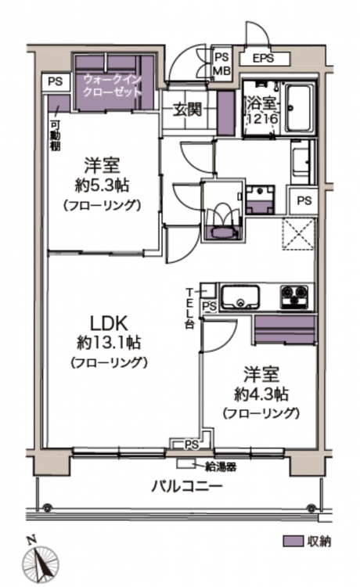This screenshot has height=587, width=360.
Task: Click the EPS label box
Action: pyautogui.click(x=265, y=59)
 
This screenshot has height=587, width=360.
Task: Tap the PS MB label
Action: pyautogui.click(x=221, y=63)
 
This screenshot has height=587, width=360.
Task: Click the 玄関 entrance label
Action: pyautogui.click(x=188, y=110)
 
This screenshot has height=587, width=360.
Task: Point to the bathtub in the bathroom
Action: pyautogui.click(x=300, y=109)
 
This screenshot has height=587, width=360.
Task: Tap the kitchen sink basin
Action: pyautogui.click(x=239, y=297)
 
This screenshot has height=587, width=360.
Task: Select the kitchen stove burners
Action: pyautogui.click(x=294, y=297)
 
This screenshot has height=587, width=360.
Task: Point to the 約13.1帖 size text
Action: pyautogui.click(x=109, y=342)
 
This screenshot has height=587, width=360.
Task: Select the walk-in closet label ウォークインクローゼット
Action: pyautogui.click(x=112, y=86)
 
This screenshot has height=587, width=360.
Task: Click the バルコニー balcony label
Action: pyautogui.click(x=187, y=487)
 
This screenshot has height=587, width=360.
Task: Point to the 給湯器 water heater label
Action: pyautogui.click(x=221, y=466)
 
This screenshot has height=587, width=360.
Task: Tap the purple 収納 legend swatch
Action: pyautogui.click(x=293, y=542)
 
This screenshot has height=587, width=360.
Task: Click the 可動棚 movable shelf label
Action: pyautogui.click(x=55, y=136)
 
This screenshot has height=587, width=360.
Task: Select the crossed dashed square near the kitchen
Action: pyautogui.click(x=298, y=233)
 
